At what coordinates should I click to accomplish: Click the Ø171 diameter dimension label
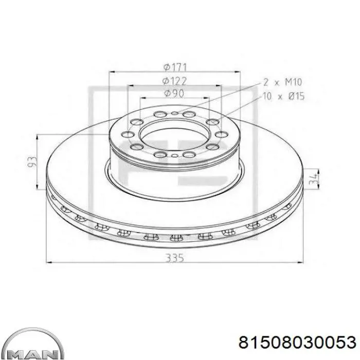coord(175,67)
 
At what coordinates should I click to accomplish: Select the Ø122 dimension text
coord(174,81)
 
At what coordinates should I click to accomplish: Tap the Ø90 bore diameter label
coord(174,94)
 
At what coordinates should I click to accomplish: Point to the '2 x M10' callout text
coord(283,82)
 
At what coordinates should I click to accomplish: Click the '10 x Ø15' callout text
coord(283,96)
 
